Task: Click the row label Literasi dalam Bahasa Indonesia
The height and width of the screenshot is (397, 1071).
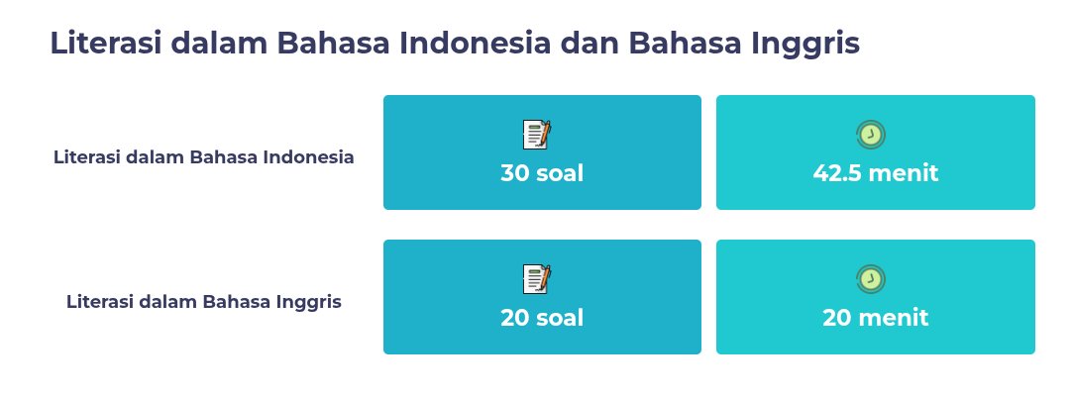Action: click(x=204, y=156)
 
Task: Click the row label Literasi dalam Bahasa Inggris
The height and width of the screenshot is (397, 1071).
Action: click(x=204, y=302)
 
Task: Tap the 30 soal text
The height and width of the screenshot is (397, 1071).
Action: click(x=542, y=173)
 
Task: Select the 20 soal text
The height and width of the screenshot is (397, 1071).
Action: click(x=542, y=318)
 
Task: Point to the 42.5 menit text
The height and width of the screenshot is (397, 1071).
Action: click(x=875, y=173)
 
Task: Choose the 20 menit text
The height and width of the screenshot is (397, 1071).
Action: click(x=875, y=318)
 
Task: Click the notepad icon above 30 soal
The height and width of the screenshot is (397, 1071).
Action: click(x=537, y=135)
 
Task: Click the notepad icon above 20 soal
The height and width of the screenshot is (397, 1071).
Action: click(x=537, y=279)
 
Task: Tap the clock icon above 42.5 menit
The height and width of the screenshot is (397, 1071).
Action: click(x=870, y=135)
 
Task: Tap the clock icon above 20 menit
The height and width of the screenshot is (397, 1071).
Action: click(x=870, y=279)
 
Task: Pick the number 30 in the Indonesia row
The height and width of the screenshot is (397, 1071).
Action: click(x=516, y=173)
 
